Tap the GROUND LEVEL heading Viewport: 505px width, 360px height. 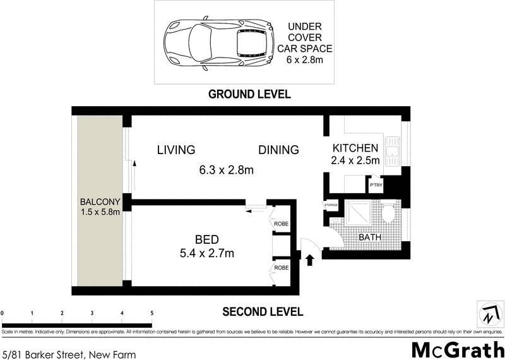pyautogui.click(x=249, y=95)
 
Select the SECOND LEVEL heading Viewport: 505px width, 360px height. pyautogui.click(x=263, y=311)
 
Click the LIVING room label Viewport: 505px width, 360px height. pyautogui.click(x=176, y=150)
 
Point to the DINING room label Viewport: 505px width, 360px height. pyautogui.click(x=278, y=150)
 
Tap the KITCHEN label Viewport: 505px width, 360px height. pyautogui.click(x=355, y=148)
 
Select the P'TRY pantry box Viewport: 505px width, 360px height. pyautogui.click(x=376, y=185)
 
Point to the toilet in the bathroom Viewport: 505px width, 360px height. pyautogui.click(x=388, y=213)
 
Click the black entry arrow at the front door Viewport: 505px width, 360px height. pyautogui.click(x=310, y=259)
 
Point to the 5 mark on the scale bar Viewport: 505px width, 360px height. pyautogui.click(x=151, y=313)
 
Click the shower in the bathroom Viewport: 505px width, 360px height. pyautogui.click(x=359, y=213)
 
